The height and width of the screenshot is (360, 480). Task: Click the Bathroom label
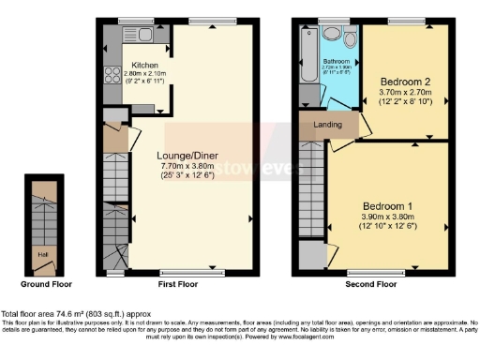click(x=337, y=61)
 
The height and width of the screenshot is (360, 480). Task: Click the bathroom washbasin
click(x=331, y=36)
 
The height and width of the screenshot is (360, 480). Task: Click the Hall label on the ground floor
click(x=41, y=252)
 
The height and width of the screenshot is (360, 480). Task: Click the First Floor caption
click(x=179, y=283)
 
